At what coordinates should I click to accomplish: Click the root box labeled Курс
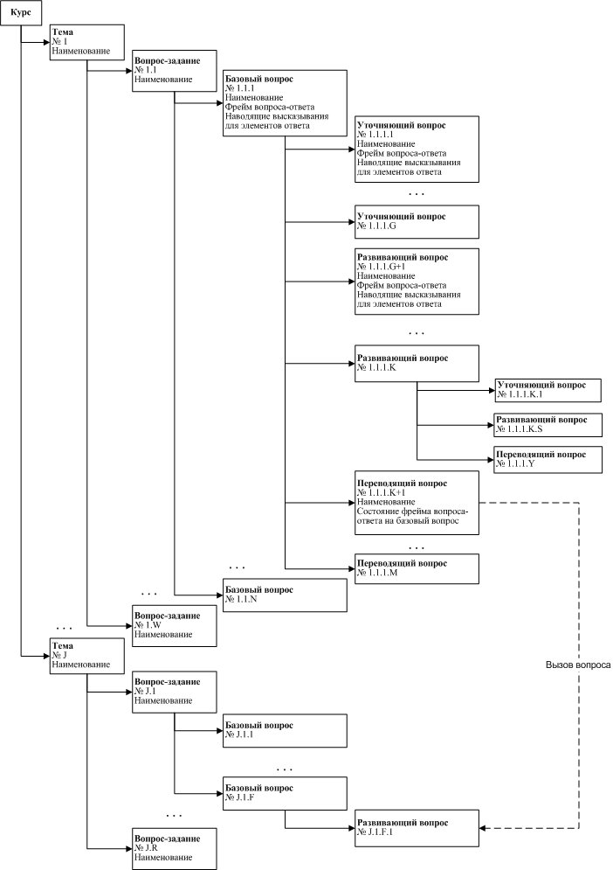[x=20, y=13]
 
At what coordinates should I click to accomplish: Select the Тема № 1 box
[x=87, y=42]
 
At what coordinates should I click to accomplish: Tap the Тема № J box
[x=87, y=656]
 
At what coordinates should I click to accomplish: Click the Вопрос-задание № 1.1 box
[x=175, y=71]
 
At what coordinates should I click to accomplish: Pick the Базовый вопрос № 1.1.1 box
[x=285, y=103]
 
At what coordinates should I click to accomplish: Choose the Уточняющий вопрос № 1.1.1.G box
[x=417, y=222]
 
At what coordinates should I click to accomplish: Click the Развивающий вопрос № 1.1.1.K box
[x=417, y=364]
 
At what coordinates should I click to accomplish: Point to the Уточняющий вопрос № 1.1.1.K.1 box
[x=548, y=390]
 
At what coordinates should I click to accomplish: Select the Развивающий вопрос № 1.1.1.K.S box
[x=548, y=425]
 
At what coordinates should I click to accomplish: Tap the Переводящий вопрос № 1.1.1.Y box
[x=548, y=459]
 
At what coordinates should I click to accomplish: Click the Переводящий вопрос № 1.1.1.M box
[x=417, y=568]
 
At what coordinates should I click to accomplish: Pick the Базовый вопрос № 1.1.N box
[x=285, y=595]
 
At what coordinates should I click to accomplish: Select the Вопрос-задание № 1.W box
[x=175, y=626]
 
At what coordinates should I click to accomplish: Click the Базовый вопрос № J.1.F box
[x=285, y=794]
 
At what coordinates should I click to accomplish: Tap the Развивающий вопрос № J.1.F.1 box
[x=417, y=828]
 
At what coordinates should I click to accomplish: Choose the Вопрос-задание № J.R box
[x=175, y=849]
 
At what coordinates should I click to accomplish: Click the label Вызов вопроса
[x=578, y=665]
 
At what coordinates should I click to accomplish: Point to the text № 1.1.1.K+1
[x=382, y=492]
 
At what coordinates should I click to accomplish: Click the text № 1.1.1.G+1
[x=382, y=267]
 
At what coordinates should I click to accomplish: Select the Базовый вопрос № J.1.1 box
[x=285, y=731]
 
